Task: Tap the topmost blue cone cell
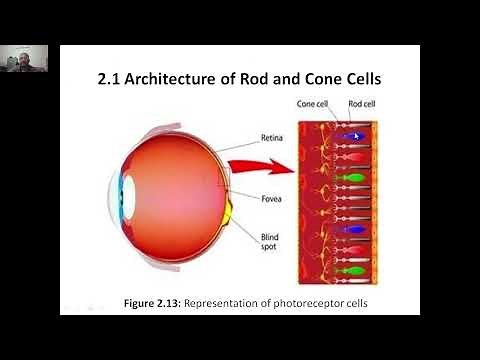pyautogui.click(x=350, y=136)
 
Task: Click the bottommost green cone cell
pyautogui.click(x=349, y=270)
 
